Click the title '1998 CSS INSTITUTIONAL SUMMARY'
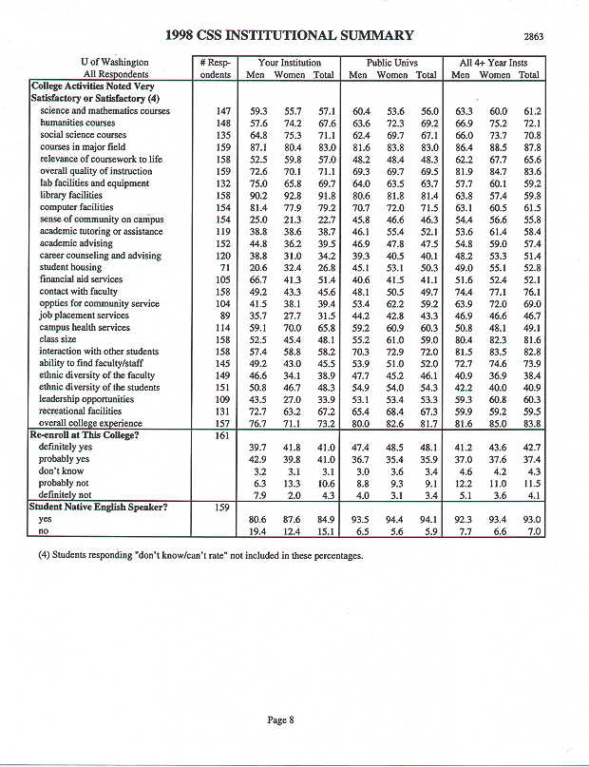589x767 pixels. click(289, 36)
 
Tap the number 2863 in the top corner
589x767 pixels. click(534, 37)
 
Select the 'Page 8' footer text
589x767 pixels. click(281, 719)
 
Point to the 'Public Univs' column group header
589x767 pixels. click(391, 62)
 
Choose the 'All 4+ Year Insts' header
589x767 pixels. click(495, 62)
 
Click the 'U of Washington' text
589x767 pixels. click(115, 62)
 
